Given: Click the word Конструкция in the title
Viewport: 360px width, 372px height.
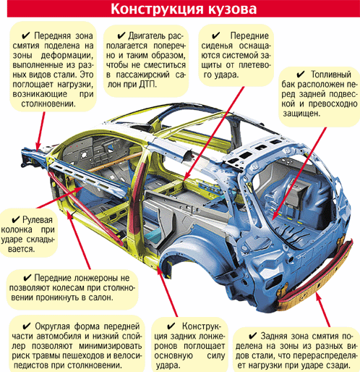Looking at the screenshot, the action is click(x=156, y=9).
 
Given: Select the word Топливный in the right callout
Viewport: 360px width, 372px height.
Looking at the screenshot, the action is click(x=331, y=75).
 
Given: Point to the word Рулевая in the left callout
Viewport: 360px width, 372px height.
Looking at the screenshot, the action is click(x=37, y=220).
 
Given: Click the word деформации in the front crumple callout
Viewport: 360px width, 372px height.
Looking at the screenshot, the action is click(x=67, y=56).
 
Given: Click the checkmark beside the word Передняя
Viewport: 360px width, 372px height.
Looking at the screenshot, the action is click(x=26, y=35).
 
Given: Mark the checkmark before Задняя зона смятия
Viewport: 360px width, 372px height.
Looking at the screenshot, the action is click(x=253, y=336).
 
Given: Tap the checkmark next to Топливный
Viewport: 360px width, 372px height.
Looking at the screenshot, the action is click(x=301, y=75).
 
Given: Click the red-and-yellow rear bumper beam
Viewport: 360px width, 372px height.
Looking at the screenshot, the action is click(x=316, y=275).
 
